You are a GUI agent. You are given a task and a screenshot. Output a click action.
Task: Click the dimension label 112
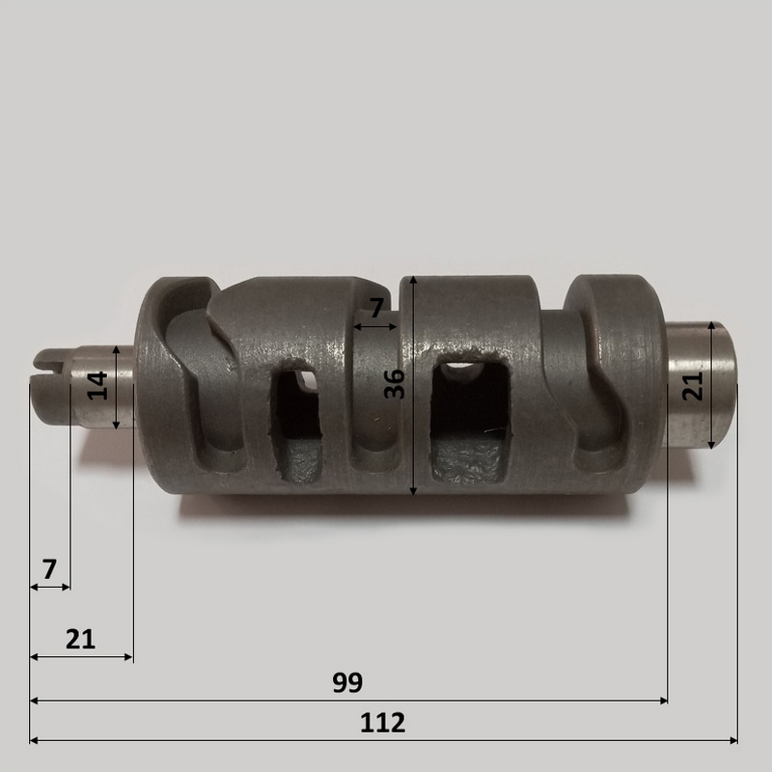(382, 723)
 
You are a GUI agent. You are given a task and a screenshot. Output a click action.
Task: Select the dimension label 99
(347, 682)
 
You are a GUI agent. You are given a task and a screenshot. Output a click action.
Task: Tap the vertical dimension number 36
(395, 384)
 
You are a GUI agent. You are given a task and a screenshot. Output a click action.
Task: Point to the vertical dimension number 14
(97, 385)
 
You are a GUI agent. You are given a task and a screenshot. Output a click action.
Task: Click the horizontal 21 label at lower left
(80, 639)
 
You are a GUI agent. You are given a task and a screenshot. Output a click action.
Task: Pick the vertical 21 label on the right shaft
(693, 386)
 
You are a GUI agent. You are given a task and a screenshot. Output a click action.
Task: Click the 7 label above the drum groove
(375, 308)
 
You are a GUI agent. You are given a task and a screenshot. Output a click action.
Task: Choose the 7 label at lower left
(49, 569)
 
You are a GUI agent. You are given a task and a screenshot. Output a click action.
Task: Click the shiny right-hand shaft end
(702, 384)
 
